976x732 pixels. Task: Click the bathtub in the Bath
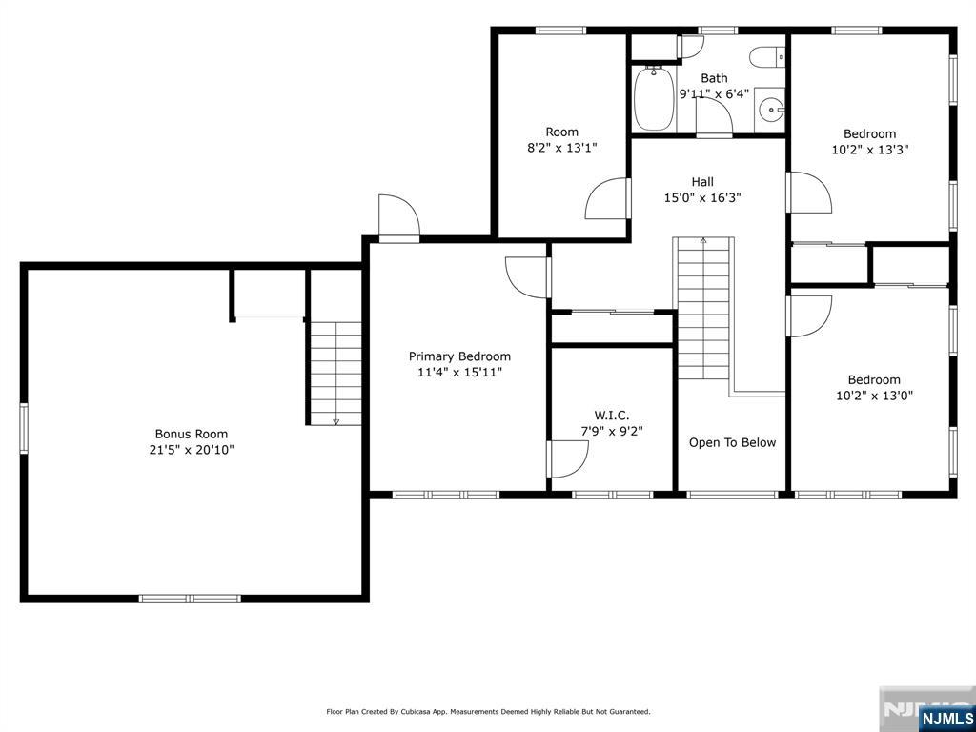[654, 98]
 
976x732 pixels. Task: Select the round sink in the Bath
[772, 111]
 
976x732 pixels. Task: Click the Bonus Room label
[191, 434]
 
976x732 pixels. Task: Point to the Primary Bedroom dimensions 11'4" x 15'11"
[459, 373]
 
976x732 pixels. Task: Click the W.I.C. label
[611, 416]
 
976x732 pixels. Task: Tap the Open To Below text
[732, 442]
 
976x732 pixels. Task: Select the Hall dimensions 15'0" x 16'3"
[702, 198]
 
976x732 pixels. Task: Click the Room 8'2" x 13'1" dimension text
[562, 148]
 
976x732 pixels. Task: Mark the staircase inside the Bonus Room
[336, 374]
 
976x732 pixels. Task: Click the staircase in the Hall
[703, 308]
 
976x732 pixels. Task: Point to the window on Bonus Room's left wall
[24, 428]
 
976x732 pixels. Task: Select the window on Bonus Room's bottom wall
[190, 599]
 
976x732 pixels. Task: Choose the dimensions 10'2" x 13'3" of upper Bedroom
[870, 150]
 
